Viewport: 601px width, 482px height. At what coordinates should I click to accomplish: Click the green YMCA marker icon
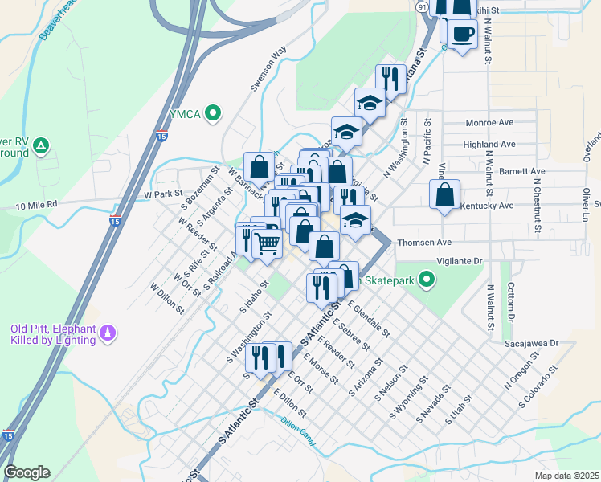click(213, 114)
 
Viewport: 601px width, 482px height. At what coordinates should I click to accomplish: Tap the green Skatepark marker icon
click(427, 280)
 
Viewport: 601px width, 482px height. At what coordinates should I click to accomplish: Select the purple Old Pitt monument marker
click(106, 331)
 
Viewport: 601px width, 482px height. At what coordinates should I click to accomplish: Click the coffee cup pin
click(462, 34)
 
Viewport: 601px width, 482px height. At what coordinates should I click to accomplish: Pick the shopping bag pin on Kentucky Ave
click(444, 194)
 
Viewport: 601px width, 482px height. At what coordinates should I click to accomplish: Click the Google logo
click(27, 472)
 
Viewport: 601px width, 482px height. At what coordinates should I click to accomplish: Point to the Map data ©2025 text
click(566, 476)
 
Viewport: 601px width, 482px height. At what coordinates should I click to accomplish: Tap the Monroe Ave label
click(489, 123)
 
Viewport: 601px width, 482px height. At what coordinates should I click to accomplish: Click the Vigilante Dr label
click(458, 262)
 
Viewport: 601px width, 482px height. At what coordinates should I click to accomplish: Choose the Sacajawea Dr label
click(531, 343)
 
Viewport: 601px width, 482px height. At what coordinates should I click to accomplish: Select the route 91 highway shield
click(422, 5)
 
